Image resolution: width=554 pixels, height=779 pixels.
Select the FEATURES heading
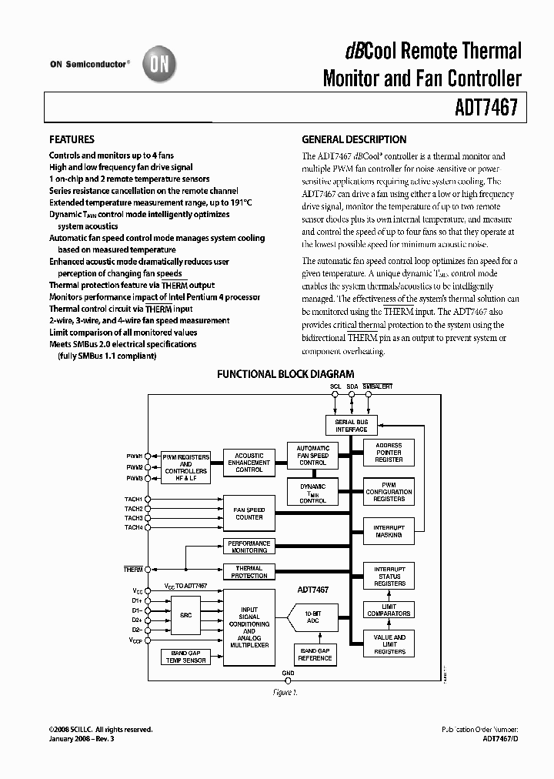(72, 140)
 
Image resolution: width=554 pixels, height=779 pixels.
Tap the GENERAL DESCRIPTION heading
(354, 140)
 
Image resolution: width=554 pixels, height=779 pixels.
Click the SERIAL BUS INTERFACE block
(351, 426)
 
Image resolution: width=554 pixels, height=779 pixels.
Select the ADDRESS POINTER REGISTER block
(389, 453)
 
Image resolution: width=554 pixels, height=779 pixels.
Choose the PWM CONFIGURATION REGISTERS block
(389, 491)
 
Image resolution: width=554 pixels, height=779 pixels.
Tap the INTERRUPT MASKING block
(389, 530)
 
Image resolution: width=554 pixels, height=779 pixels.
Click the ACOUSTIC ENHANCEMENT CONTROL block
(249, 463)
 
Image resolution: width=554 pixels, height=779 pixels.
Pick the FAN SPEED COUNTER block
(249, 513)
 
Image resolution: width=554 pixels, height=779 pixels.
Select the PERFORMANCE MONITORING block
(249, 547)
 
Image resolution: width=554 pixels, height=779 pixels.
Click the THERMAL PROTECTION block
(249, 572)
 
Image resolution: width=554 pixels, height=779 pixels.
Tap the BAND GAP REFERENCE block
(315, 654)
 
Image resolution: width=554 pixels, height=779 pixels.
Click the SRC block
(185, 616)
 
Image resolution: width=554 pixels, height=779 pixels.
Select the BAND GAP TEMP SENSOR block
(185, 657)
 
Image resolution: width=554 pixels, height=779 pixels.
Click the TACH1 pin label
(133, 500)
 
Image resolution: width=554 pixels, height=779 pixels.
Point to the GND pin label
(288, 673)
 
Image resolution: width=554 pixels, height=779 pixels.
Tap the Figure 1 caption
(284, 693)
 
